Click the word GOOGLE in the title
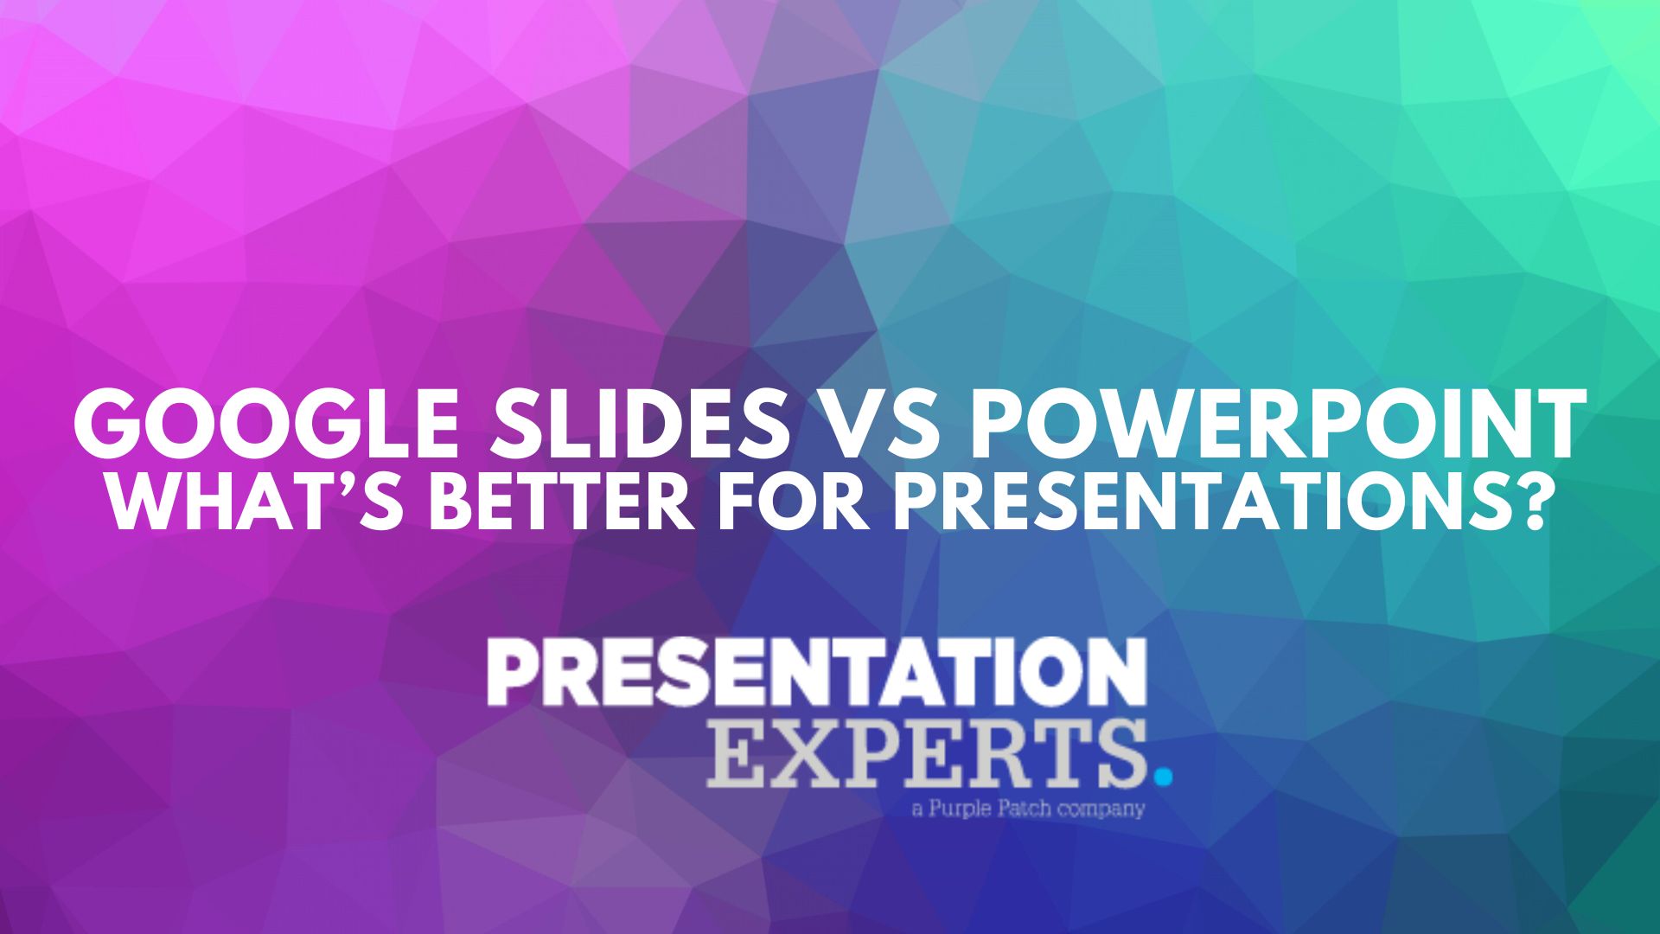tap(264, 425)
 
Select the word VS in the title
tap(879, 425)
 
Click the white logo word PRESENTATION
tap(817, 672)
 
